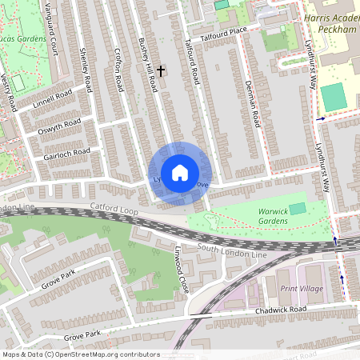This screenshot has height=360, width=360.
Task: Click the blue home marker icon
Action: click(x=180, y=173)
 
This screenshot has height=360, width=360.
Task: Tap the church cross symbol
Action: click(x=160, y=72)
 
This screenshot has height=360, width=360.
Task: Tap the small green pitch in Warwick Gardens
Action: click(x=298, y=208)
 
